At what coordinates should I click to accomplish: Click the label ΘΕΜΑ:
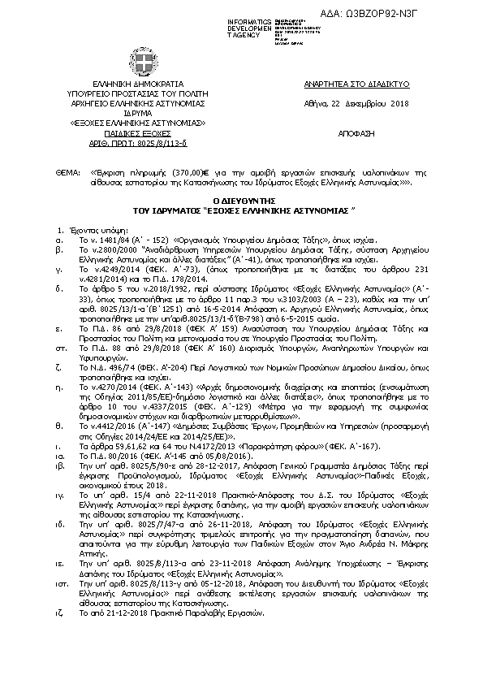point(67,173)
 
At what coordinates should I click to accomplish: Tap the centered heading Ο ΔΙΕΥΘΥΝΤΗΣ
point(241,198)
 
